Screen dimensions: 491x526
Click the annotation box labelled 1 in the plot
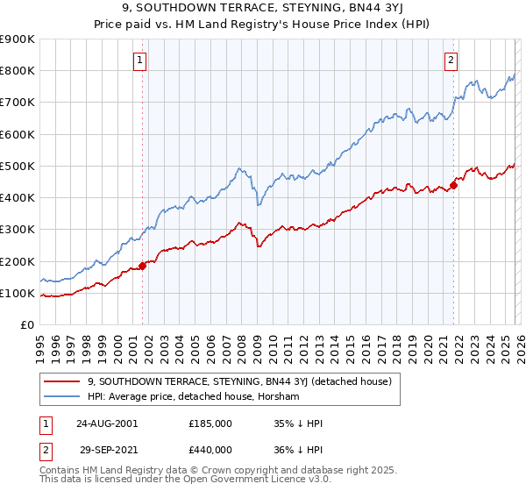click(141, 60)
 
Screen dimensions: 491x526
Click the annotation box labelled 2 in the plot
click(451, 60)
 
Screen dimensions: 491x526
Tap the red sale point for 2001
click(143, 266)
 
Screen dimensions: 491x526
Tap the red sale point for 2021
click(454, 184)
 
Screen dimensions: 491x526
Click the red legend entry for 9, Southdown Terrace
click(245, 381)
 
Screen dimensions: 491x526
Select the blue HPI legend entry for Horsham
click(194, 397)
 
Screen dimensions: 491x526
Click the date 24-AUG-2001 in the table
click(106, 423)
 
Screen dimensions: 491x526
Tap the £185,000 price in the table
click(210, 423)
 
